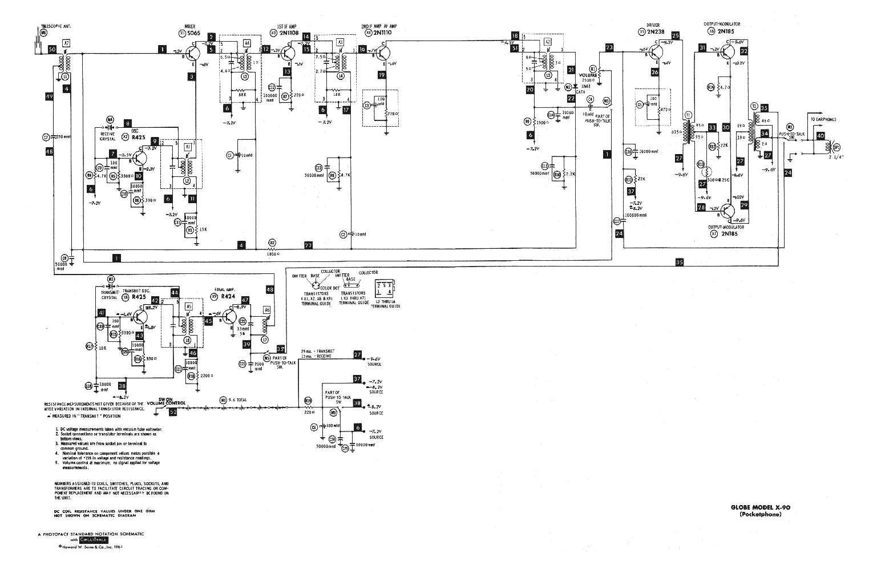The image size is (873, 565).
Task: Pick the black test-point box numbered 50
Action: (x=52, y=50)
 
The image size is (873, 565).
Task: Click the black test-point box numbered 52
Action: (x=173, y=413)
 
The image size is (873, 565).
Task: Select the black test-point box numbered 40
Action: (x=821, y=136)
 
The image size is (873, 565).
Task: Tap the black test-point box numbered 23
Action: (x=610, y=48)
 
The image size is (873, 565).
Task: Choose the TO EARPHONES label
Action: (x=823, y=119)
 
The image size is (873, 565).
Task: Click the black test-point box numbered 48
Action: (x=269, y=290)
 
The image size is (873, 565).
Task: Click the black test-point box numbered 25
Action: (x=677, y=35)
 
